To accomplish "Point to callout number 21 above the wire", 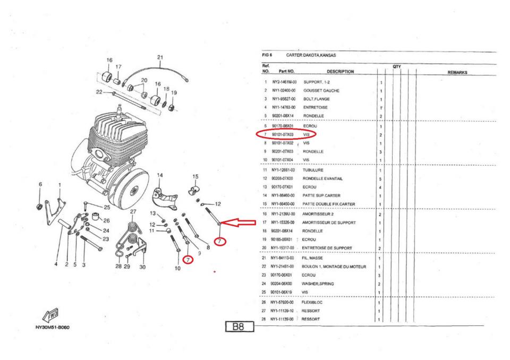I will pos(160,57).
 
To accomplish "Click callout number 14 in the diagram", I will pos(160,175).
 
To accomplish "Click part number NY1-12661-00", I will pos(283,170).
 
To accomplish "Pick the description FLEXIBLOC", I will pos(314,302).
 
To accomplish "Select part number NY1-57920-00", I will pos(283,302).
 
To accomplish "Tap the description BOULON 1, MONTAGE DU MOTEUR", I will pos(335,266).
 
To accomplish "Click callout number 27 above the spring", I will pos(133,212).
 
